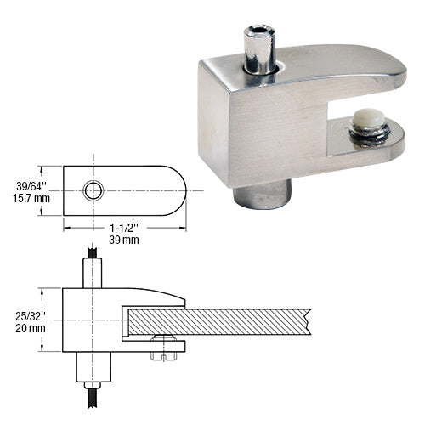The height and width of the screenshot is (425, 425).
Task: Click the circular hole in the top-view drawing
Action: pyautogui.click(x=93, y=190)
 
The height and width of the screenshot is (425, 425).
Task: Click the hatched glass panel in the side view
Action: pyautogui.click(x=221, y=320)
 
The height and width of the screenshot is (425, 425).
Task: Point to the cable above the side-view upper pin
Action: pyautogui.click(x=91, y=252)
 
